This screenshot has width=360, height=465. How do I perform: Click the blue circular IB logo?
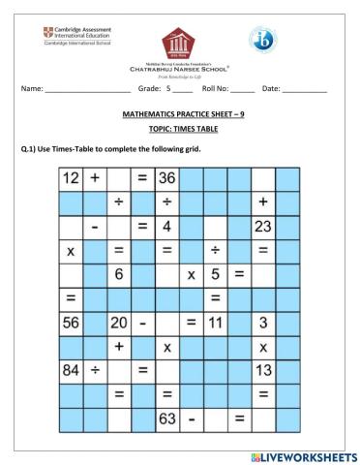pyautogui.click(x=263, y=40)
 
